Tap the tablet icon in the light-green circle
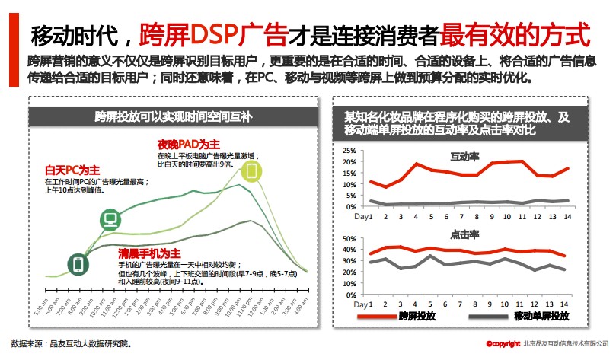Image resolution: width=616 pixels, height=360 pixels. (x=253, y=170)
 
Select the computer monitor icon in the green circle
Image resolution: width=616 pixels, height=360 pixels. (x=111, y=221)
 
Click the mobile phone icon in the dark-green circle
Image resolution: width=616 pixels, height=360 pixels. (x=77, y=264)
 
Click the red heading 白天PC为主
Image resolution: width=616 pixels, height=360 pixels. (x=72, y=170)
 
